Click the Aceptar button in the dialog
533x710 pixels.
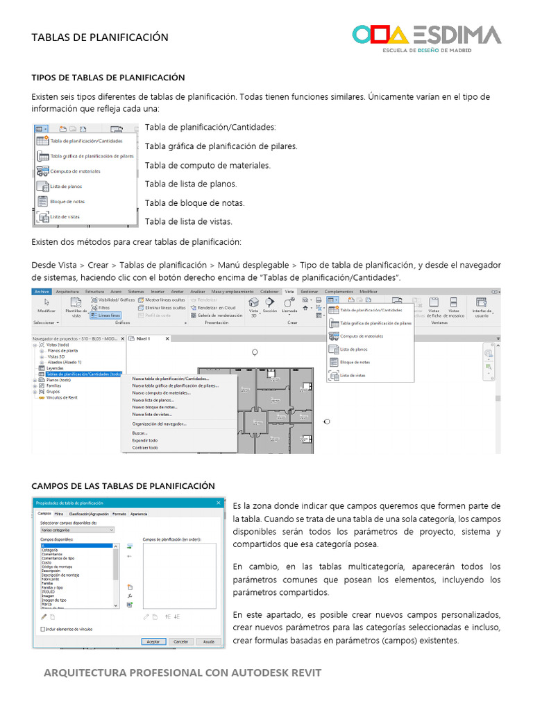click(x=153, y=642)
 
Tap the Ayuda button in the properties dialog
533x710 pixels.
click(x=208, y=642)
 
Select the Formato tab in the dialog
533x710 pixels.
click(x=119, y=514)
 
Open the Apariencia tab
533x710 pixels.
click(x=139, y=514)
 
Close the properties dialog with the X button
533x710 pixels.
click(x=219, y=503)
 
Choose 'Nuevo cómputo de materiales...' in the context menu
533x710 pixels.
click(x=161, y=393)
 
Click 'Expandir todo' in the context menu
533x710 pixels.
click(x=145, y=440)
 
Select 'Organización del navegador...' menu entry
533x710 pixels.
click(x=159, y=424)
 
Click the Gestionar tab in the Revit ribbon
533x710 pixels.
click(x=309, y=292)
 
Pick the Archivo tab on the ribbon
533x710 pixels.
click(x=42, y=292)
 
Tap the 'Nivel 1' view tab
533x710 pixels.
click(x=144, y=338)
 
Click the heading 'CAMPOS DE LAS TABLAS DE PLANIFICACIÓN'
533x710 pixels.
click(x=124, y=486)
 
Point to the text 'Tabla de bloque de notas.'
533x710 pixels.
click(x=194, y=203)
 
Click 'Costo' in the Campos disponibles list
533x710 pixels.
click(x=48, y=563)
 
